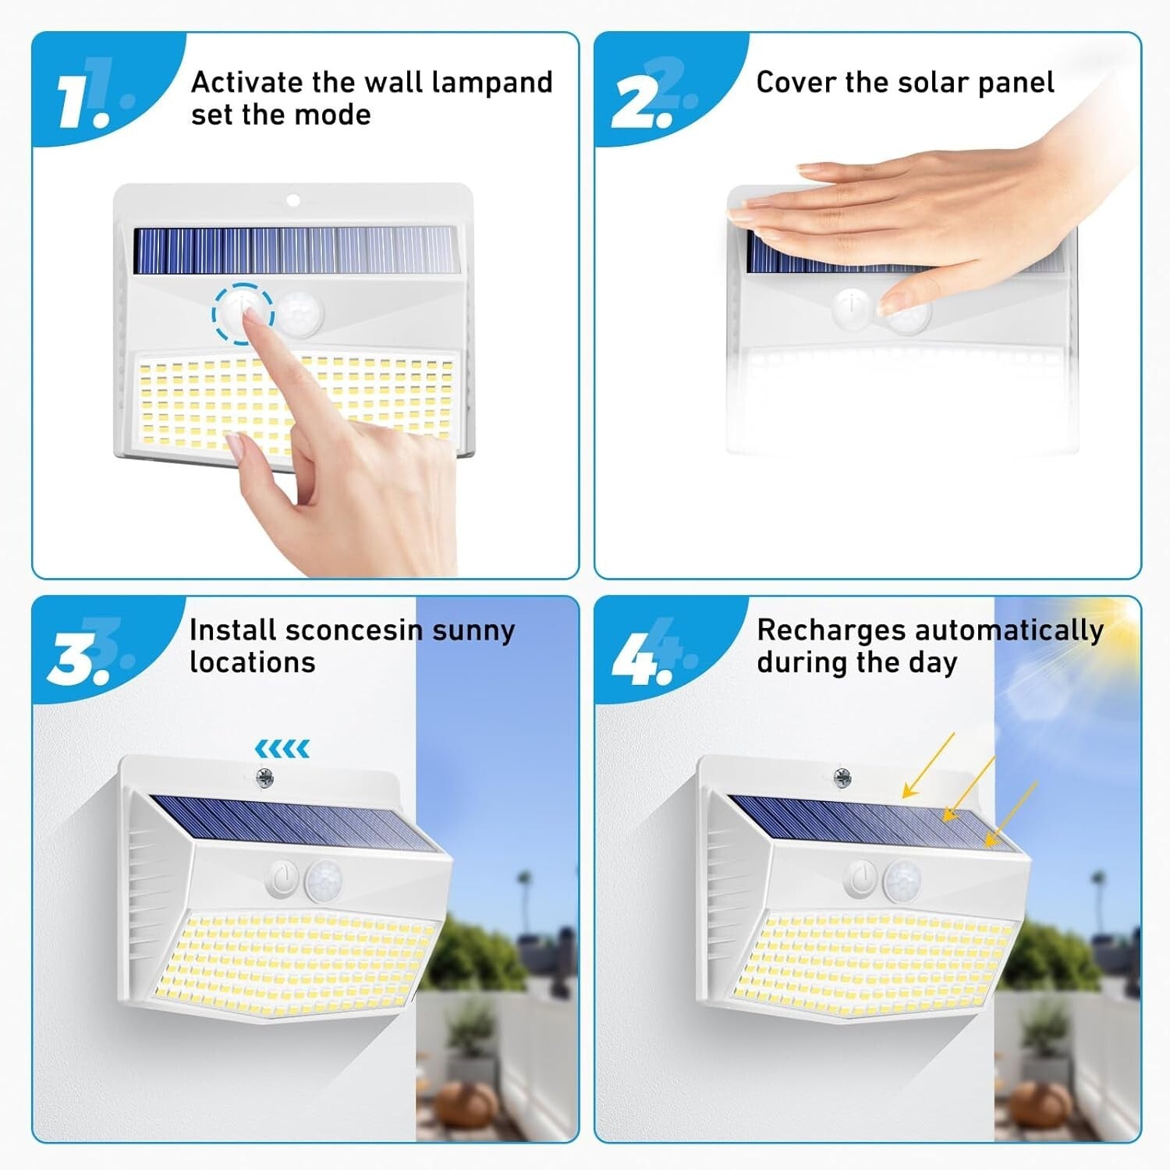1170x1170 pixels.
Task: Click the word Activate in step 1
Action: (246, 82)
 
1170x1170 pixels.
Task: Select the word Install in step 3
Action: (232, 630)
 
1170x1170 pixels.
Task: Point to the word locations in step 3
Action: (253, 663)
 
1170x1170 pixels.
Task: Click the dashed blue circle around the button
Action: (243, 314)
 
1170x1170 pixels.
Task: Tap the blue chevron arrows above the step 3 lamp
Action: (282, 749)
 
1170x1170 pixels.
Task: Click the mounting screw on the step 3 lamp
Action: (264, 777)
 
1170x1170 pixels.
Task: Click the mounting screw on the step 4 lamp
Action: (842, 777)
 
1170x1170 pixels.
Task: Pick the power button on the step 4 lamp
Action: (861, 880)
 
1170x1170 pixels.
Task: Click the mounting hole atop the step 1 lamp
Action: (292, 200)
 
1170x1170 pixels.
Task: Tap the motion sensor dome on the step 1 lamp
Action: (298, 314)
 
